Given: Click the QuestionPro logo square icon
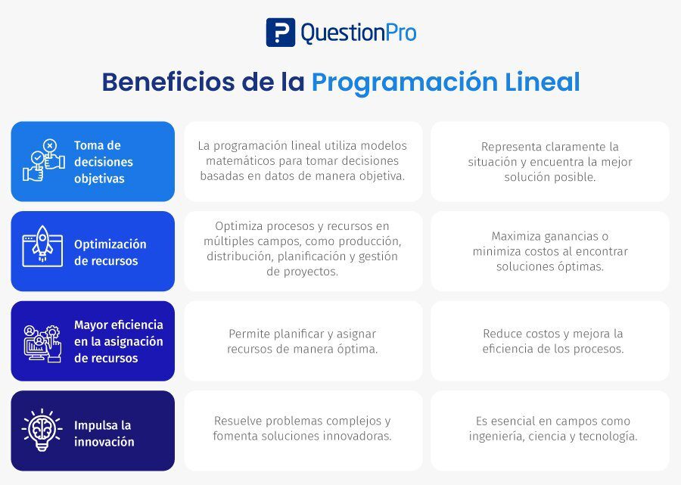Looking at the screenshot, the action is [x=281, y=32].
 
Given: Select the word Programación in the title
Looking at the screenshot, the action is [x=405, y=82].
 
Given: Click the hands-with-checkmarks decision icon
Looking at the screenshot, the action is [x=43, y=160].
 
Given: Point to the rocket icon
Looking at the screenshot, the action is [x=42, y=246].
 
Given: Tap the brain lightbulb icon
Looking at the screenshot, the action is [x=42, y=430].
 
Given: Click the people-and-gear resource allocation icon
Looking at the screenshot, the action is [x=42, y=344].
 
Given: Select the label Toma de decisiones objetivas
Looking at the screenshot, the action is [x=104, y=161].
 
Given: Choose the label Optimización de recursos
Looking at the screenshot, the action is [x=110, y=252].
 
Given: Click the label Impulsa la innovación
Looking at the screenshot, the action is [x=104, y=433].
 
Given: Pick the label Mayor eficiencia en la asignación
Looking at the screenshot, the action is [x=119, y=333].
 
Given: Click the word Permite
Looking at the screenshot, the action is [x=247, y=334].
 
